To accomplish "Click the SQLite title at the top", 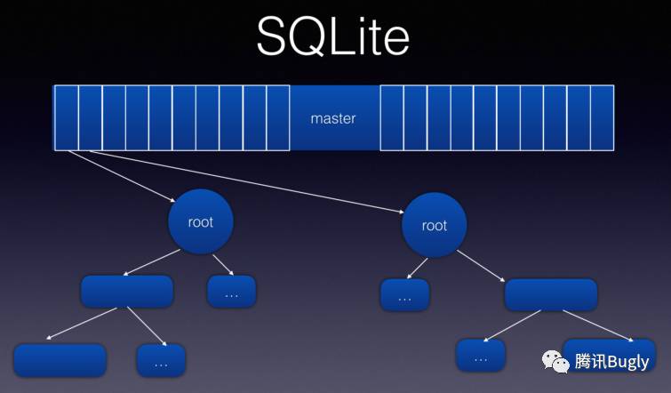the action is click(333, 36).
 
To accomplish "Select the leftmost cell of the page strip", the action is click(67, 117).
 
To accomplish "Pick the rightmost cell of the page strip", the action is click(602, 117).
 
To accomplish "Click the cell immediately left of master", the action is click(277, 117).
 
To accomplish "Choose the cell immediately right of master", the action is click(392, 117).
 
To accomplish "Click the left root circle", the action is click(201, 221).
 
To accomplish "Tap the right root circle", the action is click(435, 225).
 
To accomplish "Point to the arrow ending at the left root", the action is click(122, 176).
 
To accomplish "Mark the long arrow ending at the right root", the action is click(247, 181).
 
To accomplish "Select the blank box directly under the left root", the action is click(127, 292).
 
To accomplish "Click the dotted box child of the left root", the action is click(231, 292).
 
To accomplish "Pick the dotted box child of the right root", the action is click(405, 295).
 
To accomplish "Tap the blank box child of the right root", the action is click(551, 295).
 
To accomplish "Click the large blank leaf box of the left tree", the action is click(60, 360).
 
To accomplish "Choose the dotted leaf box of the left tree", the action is click(161, 360).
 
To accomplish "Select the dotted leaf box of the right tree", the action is click(481, 356).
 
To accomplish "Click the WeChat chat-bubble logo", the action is click(555, 362).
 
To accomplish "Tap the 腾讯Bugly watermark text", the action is click(612, 362).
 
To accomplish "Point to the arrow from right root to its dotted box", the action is click(417, 269).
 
